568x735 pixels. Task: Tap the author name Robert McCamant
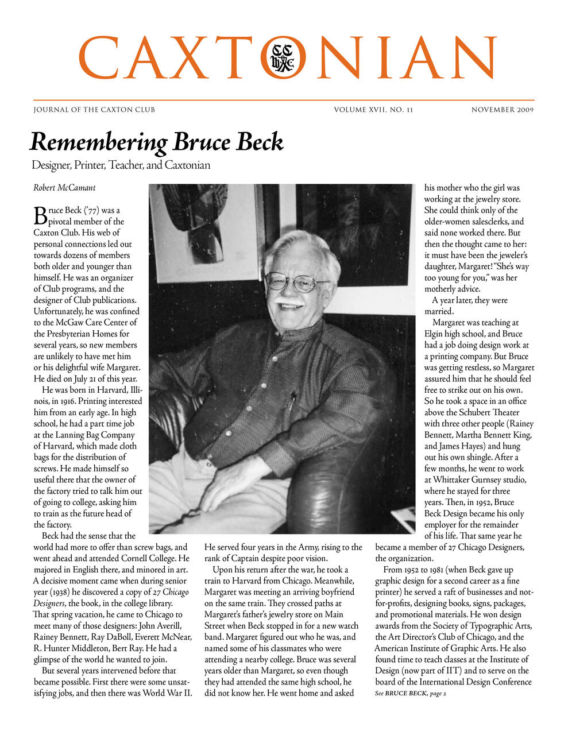pos(64,188)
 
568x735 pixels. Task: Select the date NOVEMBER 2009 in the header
pos(503,110)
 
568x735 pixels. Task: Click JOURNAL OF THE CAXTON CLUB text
pos(94,110)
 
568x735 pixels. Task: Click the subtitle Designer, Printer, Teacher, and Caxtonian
pos(121,165)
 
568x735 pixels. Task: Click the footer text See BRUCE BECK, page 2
pos(411,694)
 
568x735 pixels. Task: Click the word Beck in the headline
pos(257,142)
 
